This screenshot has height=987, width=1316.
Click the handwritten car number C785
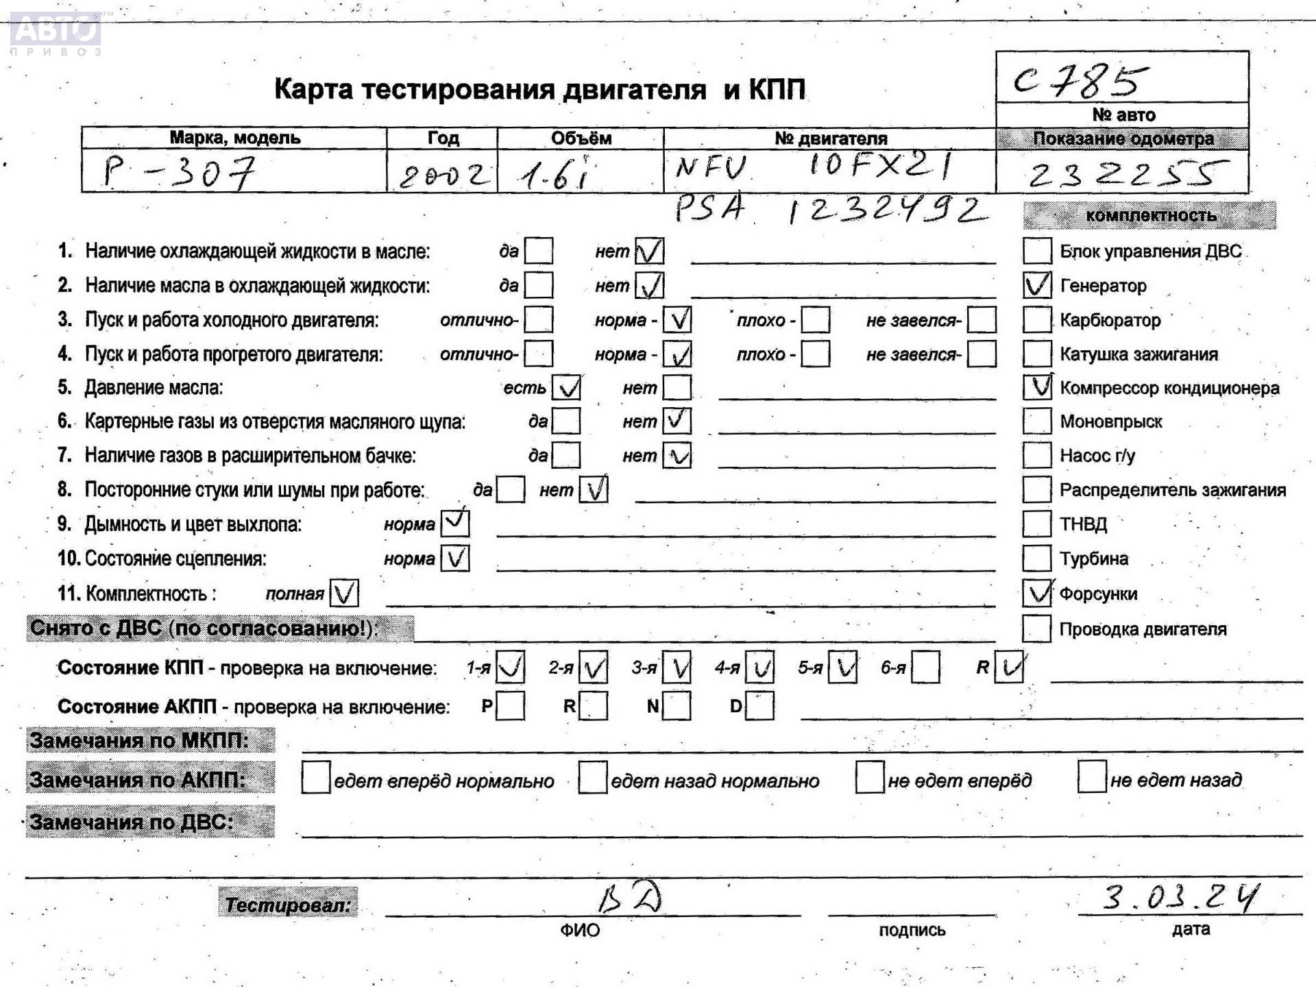click(x=1080, y=80)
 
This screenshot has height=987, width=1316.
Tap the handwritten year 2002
click(x=444, y=175)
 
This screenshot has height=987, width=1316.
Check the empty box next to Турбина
click(x=1036, y=559)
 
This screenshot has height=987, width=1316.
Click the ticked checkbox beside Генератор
click(x=1036, y=285)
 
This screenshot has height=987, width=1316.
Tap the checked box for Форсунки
click(x=1036, y=594)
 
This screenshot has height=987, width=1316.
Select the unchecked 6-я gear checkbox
click(x=925, y=668)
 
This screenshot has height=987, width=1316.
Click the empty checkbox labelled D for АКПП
click(x=759, y=706)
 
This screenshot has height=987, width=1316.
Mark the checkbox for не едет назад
click(x=1092, y=777)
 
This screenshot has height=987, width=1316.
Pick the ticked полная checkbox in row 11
click(x=344, y=594)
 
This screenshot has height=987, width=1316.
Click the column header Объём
click(x=581, y=138)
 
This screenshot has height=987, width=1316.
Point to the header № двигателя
click(x=830, y=138)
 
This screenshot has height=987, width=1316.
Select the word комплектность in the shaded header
click(x=1151, y=215)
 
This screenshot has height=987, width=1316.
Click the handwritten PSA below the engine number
click(x=709, y=208)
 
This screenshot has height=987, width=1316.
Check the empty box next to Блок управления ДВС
click(x=1036, y=251)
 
